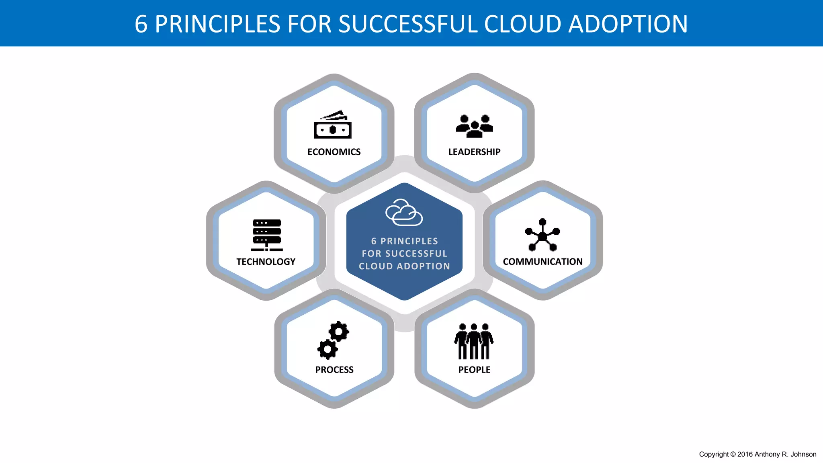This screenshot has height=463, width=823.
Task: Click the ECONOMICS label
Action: [334, 152]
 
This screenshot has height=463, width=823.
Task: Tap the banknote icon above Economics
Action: [333, 125]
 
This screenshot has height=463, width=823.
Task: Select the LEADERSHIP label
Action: [474, 152]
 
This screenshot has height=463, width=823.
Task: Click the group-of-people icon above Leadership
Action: [474, 126]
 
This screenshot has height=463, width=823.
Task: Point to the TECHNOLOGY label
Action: [266, 262]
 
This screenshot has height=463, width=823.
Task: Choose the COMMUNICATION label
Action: [543, 262]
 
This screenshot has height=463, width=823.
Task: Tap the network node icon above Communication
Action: [543, 235]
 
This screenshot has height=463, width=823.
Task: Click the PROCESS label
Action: [334, 370]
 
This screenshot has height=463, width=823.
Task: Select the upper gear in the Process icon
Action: [339, 332]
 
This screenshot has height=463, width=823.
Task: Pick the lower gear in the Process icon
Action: [328, 349]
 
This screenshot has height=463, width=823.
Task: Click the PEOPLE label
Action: [474, 370]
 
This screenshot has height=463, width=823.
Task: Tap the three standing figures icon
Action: [474, 341]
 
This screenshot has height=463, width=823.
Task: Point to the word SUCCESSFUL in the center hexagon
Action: [416, 254]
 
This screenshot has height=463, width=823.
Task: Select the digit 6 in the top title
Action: [141, 24]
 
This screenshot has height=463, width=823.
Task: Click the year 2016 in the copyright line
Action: [745, 454]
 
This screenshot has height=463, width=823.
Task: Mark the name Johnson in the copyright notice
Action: [803, 454]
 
